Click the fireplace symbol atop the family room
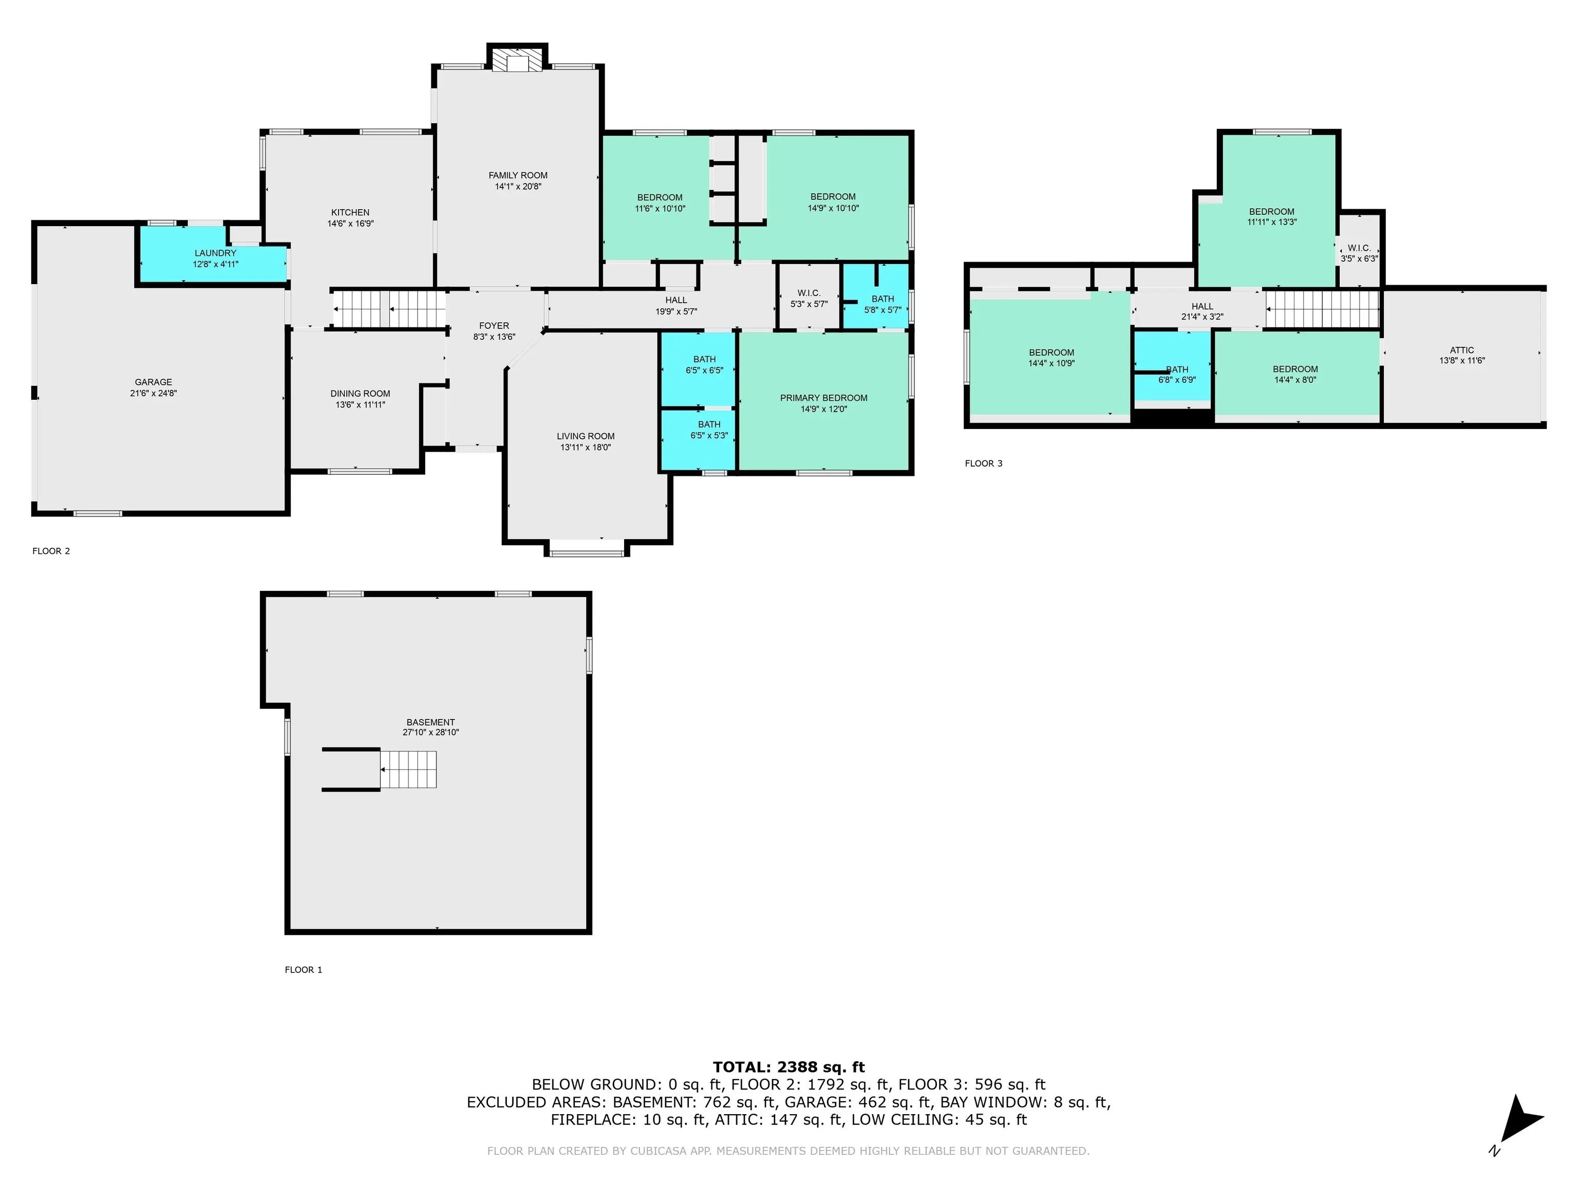(x=518, y=61)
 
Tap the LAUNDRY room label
(x=215, y=253)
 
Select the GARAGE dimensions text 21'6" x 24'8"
(x=154, y=393)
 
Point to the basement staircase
(x=407, y=769)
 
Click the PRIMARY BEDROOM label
(x=823, y=398)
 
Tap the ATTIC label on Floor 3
(x=1462, y=350)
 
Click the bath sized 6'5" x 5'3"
(x=708, y=430)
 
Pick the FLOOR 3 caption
(x=983, y=463)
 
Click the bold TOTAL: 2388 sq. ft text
(x=788, y=1067)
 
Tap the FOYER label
(x=494, y=326)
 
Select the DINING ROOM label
(x=360, y=394)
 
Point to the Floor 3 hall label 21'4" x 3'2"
(x=1202, y=311)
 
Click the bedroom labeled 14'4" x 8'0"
(x=1295, y=375)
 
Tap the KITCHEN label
(x=350, y=213)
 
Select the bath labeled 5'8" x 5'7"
(x=882, y=305)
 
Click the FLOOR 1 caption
(x=303, y=969)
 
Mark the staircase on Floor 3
(x=1322, y=308)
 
